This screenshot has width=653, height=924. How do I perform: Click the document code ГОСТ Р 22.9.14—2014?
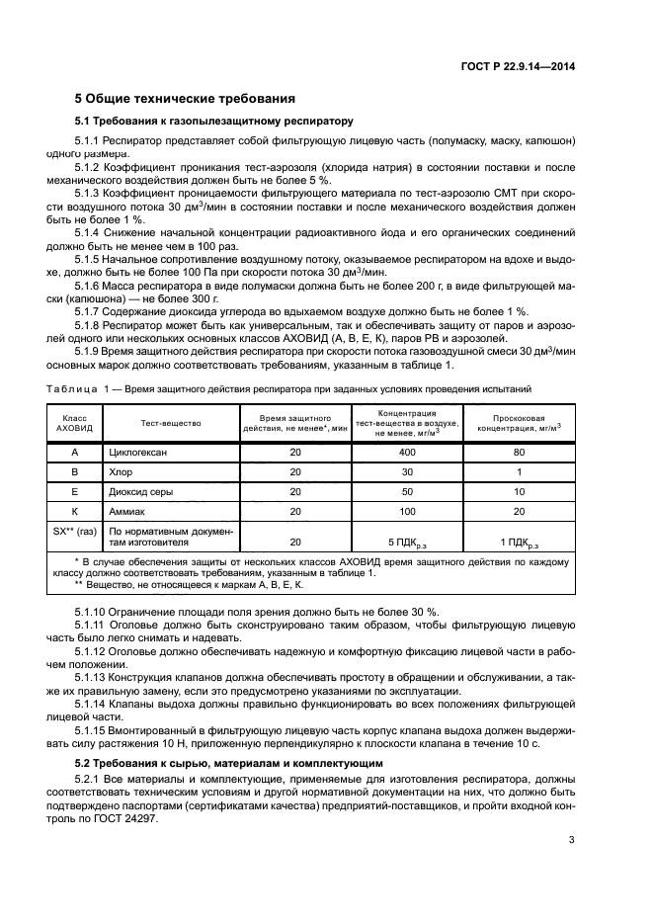point(520,66)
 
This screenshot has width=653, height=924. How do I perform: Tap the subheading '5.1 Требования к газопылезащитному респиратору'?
point(214,122)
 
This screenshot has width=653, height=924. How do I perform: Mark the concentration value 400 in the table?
point(407,452)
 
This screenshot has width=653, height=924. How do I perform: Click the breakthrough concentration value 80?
point(520,452)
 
